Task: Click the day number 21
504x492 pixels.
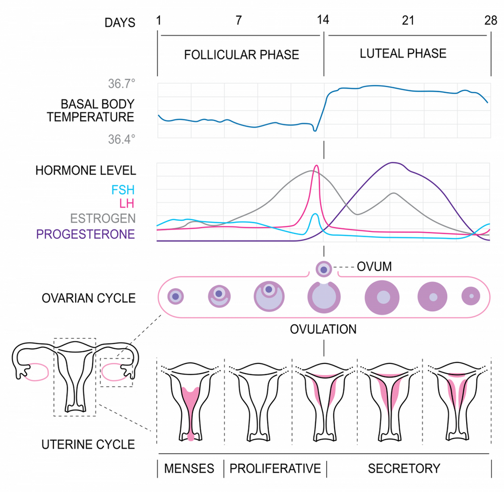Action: coord(407,21)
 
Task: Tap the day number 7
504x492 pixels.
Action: coord(238,21)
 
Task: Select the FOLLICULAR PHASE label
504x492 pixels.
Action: coord(241,54)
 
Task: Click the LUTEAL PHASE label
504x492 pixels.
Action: coord(403,53)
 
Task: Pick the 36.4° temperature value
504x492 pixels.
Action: coord(121,139)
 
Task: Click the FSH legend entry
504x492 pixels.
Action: coord(123,191)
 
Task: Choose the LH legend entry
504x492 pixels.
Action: coord(127,205)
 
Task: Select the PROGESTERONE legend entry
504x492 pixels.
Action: coord(85,233)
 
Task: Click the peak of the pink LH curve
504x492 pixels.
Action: coord(317,166)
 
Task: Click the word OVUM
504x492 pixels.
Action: coord(374,267)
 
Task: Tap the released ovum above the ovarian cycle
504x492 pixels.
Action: coord(323,269)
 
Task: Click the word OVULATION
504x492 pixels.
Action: coord(323,329)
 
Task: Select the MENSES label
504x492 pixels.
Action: coord(189,468)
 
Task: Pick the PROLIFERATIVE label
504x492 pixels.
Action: coord(275,468)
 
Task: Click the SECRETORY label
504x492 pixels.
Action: coord(404,468)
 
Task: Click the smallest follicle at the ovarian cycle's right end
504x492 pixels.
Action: coord(471,296)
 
